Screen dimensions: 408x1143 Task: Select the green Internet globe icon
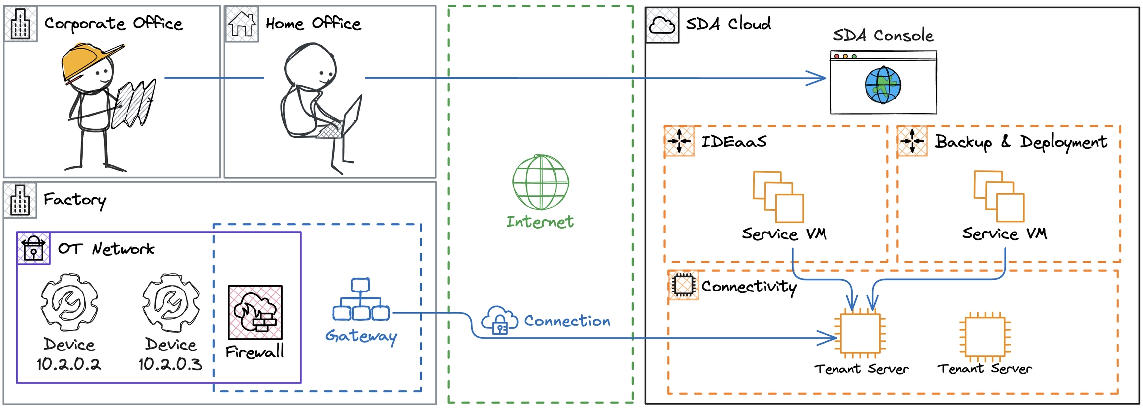(540, 182)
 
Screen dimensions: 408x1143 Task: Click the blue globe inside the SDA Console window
(883, 85)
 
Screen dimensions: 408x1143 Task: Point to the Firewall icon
(255, 312)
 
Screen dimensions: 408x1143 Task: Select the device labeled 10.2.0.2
(69, 302)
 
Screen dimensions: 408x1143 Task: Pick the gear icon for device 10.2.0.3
(171, 302)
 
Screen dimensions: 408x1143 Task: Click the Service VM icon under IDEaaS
(778, 196)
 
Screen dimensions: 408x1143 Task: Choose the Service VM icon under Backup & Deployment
(999, 196)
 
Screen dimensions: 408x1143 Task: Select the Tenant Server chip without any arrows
(985, 336)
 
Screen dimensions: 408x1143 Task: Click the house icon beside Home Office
(242, 24)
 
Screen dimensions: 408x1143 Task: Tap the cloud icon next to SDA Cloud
(662, 25)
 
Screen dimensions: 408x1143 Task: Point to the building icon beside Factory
(20, 200)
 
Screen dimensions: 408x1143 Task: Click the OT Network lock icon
(33, 248)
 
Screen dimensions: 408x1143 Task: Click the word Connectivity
(749, 287)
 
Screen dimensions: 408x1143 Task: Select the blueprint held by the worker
(133, 104)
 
